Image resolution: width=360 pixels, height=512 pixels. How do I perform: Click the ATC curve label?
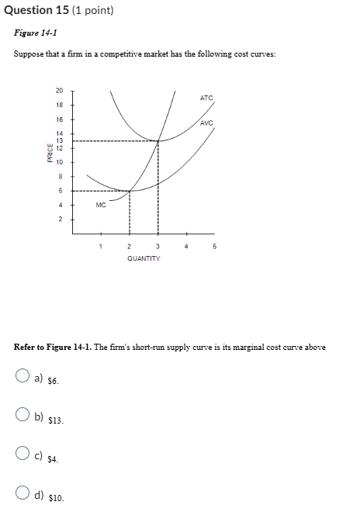point(206,98)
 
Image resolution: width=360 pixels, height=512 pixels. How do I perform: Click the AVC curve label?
point(206,123)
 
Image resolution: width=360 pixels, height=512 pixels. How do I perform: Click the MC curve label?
point(101,206)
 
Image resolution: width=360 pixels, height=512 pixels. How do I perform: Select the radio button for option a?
point(23,379)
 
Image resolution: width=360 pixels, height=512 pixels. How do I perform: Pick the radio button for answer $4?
point(23,458)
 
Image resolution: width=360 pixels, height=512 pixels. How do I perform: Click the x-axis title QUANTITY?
point(144,258)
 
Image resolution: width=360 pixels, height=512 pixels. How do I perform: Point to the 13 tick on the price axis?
point(59,141)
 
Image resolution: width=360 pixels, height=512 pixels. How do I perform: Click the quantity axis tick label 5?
point(215,248)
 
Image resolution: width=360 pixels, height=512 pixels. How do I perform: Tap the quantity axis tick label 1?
point(100,248)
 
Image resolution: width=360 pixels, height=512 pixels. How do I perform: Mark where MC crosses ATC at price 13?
point(159,141)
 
